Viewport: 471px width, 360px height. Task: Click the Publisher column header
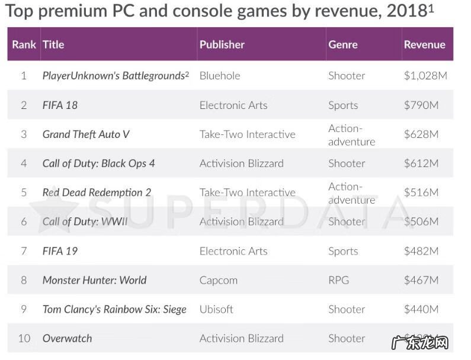pos(222,44)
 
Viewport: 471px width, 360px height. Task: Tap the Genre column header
pos(342,44)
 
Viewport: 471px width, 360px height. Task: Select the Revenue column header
pos(424,44)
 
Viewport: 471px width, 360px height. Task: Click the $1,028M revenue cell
pos(425,76)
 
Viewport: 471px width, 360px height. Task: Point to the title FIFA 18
pos(60,105)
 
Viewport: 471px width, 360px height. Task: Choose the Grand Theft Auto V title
pos(86,134)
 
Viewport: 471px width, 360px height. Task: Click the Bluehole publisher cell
pos(220,76)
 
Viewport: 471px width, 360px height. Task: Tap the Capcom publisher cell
pos(218,280)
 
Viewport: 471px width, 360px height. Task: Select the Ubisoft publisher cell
pos(216,309)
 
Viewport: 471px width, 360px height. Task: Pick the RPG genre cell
pos(338,280)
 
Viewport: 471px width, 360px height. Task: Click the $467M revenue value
pos(421,280)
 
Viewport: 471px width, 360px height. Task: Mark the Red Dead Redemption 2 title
pos(97,192)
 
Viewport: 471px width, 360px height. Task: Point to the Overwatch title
pos(67,338)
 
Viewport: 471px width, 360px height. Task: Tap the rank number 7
pos(24,251)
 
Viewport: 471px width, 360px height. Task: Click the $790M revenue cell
pos(421,105)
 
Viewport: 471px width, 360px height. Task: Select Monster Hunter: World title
pos(94,280)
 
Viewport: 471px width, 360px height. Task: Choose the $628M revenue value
pos(421,134)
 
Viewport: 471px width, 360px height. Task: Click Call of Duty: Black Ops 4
pos(98,163)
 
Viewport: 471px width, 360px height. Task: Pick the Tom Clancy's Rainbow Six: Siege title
pos(114,309)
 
